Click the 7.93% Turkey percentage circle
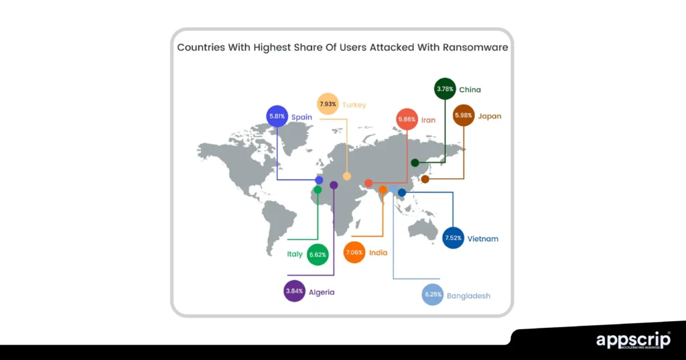[x=327, y=104]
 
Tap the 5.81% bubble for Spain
[x=277, y=116]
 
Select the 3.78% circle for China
[x=445, y=88]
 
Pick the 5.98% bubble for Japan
[x=464, y=115]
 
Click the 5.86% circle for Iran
[x=407, y=119]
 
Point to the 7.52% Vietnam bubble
[x=454, y=238]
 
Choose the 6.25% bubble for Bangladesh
[x=433, y=295]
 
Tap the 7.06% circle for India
[x=354, y=253]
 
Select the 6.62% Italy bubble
[x=318, y=254]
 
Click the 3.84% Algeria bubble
[x=294, y=292]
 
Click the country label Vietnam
[x=483, y=239]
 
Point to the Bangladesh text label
[x=469, y=296]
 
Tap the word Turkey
[x=354, y=105]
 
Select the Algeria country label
[x=322, y=292]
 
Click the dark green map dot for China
[x=415, y=163]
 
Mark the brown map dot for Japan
[x=425, y=179]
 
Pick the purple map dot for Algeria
[x=334, y=185]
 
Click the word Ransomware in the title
[x=474, y=48]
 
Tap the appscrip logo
[x=632, y=340]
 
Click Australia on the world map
[x=423, y=229]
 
